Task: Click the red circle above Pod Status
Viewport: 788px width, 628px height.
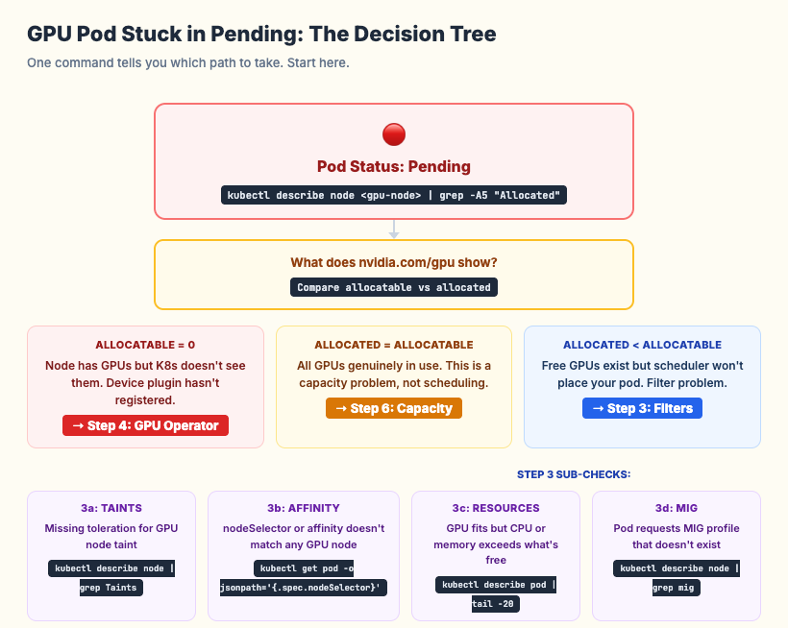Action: [394, 134]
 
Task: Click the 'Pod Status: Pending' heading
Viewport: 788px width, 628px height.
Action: [394, 166]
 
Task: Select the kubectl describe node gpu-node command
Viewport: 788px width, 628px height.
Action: [394, 195]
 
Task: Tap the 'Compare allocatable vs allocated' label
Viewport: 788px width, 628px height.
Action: [394, 287]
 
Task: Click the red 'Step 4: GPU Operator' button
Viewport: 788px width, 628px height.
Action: [146, 425]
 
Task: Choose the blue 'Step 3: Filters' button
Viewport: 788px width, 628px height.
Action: [643, 408]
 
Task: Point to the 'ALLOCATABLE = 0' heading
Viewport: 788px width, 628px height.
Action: [145, 345]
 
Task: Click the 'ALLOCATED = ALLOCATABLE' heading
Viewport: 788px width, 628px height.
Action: [394, 345]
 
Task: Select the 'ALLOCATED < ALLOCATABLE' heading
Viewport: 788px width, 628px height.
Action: [642, 345]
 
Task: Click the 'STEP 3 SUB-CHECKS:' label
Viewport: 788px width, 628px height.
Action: [574, 474]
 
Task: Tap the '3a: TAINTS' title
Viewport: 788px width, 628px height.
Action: [111, 508]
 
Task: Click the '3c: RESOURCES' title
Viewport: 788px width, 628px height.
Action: [496, 508]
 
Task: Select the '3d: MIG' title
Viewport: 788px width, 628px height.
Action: [677, 508]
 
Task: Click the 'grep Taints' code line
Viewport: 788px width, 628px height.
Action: [111, 588]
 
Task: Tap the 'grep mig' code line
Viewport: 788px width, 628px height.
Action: [677, 588]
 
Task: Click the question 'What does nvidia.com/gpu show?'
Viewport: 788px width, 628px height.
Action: [394, 262]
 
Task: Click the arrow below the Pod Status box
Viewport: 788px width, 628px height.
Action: [394, 230]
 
